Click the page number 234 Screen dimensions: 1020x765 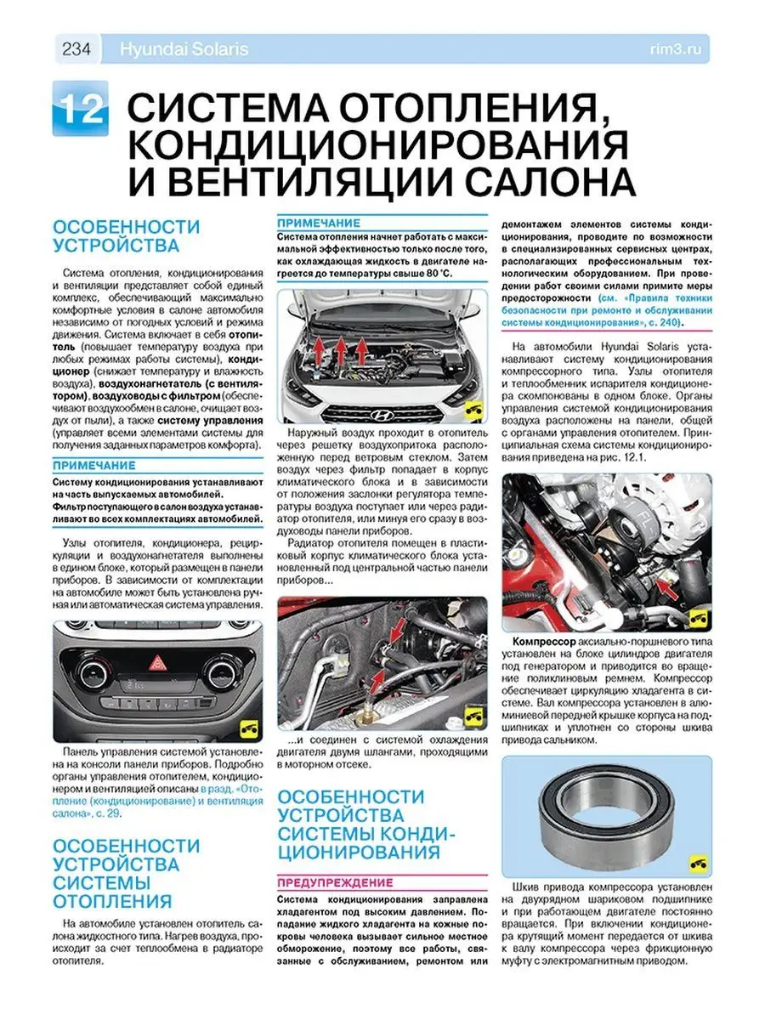[x=77, y=49]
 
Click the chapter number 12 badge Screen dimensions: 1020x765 [x=81, y=109]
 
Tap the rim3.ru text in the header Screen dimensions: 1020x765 [x=683, y=49]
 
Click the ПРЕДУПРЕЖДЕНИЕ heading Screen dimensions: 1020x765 [x=335, y=882]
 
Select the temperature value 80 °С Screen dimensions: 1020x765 [x=432, y=274]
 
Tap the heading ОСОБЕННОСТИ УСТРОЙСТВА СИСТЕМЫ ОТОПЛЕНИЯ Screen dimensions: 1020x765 [x=127, y=873]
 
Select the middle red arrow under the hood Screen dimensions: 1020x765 [x=338, y=348]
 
